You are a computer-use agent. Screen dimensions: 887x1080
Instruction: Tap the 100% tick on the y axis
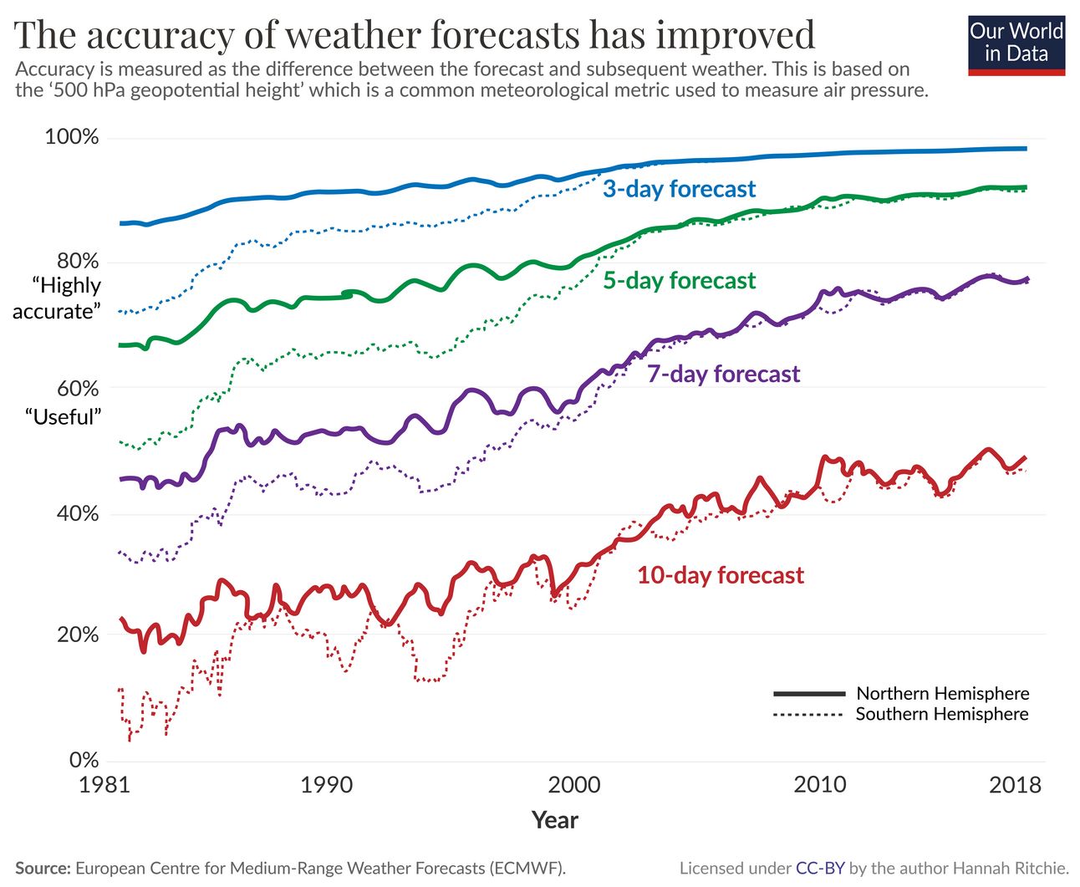71,137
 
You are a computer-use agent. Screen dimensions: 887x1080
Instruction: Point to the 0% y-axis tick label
84,760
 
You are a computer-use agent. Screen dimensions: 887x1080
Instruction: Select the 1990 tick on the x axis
326,785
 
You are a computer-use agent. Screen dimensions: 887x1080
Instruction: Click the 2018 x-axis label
1016,785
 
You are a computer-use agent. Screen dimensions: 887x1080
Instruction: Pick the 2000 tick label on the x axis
573,785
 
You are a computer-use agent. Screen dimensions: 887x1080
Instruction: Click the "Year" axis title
555,820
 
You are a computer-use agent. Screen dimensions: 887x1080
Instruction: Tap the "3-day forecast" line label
679,189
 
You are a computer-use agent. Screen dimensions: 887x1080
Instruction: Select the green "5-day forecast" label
679,281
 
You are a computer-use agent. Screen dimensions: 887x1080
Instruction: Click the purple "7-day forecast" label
723,374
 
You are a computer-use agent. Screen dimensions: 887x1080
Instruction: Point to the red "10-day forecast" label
720,575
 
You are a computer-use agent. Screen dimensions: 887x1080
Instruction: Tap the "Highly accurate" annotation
57,298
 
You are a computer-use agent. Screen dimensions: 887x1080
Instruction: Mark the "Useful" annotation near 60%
63,416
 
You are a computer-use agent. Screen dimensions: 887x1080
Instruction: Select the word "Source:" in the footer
43,869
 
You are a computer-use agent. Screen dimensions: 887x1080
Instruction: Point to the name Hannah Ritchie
1015,869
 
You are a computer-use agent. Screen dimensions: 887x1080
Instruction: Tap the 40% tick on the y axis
78,514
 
